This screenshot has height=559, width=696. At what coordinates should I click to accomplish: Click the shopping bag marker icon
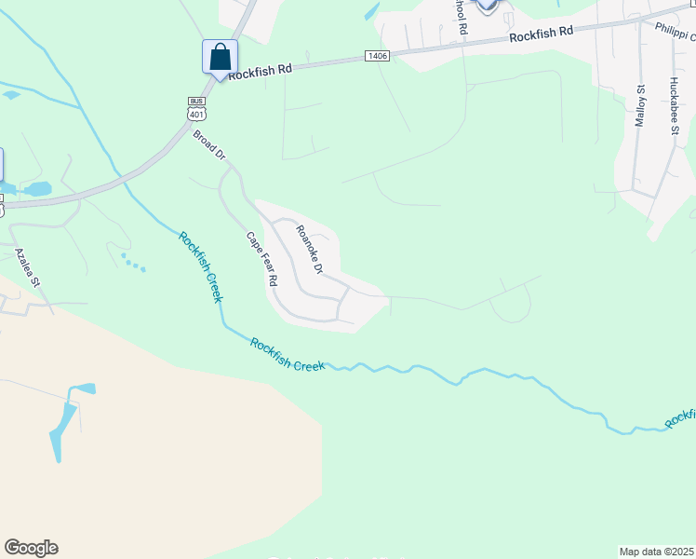220,57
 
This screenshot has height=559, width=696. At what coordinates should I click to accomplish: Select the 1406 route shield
377,57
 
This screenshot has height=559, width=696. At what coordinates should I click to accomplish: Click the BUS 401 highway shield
195,109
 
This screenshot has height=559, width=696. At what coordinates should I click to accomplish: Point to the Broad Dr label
210,144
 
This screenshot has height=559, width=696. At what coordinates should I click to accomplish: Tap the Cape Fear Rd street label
262,258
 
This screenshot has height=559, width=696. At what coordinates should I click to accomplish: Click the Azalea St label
27,266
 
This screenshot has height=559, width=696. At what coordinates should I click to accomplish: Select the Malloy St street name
640,110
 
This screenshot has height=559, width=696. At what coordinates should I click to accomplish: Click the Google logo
31,548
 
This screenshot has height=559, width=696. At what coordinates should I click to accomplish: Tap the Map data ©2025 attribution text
656,552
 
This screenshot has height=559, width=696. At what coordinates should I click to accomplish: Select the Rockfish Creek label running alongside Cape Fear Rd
200,266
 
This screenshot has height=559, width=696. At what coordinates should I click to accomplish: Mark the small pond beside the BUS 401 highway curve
37,189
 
